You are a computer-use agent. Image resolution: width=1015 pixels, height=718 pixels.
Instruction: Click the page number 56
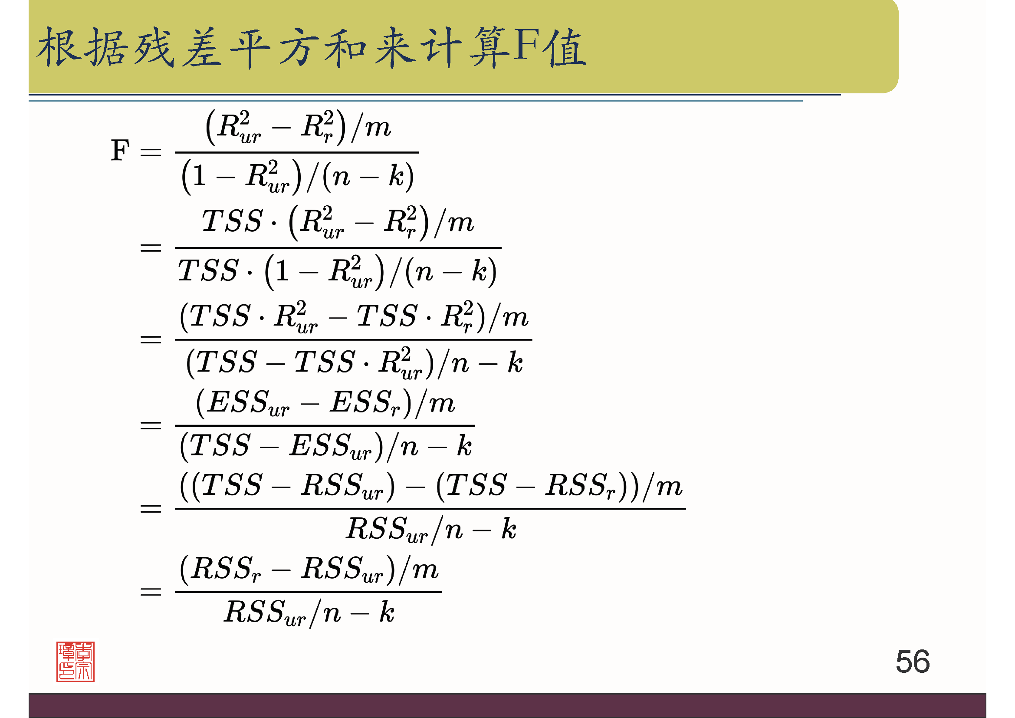[x=913, y=662]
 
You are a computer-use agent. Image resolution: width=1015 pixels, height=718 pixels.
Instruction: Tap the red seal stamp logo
[x=75, y=662]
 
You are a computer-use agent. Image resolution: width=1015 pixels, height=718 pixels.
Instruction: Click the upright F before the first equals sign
[x=120, y=150]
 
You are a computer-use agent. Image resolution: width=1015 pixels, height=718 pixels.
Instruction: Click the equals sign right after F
[x=151, y=152]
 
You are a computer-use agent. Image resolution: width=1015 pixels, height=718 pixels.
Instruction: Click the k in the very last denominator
[x=387, y=613]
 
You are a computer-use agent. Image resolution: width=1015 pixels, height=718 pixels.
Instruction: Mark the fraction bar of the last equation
[x=308, y=592]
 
